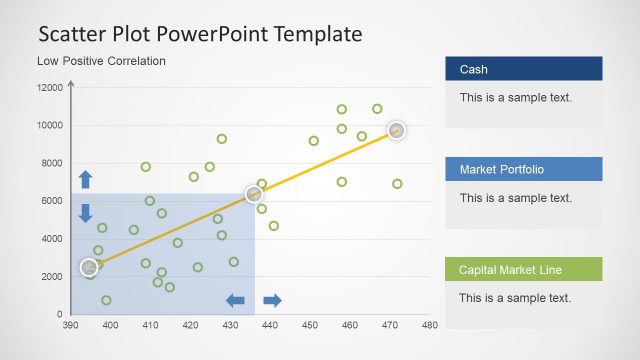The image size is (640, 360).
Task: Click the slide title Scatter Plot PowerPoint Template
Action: pos(200,33)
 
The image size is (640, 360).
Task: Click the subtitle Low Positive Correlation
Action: pos(101,61)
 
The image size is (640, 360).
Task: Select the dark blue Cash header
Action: pos(523,69)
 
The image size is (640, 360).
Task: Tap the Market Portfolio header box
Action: pos(523,169)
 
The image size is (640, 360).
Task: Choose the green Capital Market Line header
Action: pos(523,269)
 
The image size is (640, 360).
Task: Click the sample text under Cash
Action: pos(515,98)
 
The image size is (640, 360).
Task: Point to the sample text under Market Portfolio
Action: pos(515,198)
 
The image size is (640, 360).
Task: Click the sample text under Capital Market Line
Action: pos(515,298)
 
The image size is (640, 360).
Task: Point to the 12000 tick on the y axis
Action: pos(50,88)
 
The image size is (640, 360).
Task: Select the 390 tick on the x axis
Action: pos(70,325)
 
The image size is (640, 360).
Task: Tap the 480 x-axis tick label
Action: pos(430,325)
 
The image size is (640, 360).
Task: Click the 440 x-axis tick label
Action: pos(270,325)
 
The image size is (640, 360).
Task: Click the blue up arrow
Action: pos(85,179)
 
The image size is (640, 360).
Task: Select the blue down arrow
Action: pos(85,212)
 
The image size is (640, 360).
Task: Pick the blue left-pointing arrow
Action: pos(236,300)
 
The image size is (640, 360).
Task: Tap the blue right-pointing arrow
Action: pos(272,300)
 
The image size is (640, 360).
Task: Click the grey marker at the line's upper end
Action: pos(396,130)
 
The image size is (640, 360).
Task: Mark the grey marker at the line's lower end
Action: pos(89,267)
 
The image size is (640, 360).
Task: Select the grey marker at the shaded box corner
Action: pos(254,194)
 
